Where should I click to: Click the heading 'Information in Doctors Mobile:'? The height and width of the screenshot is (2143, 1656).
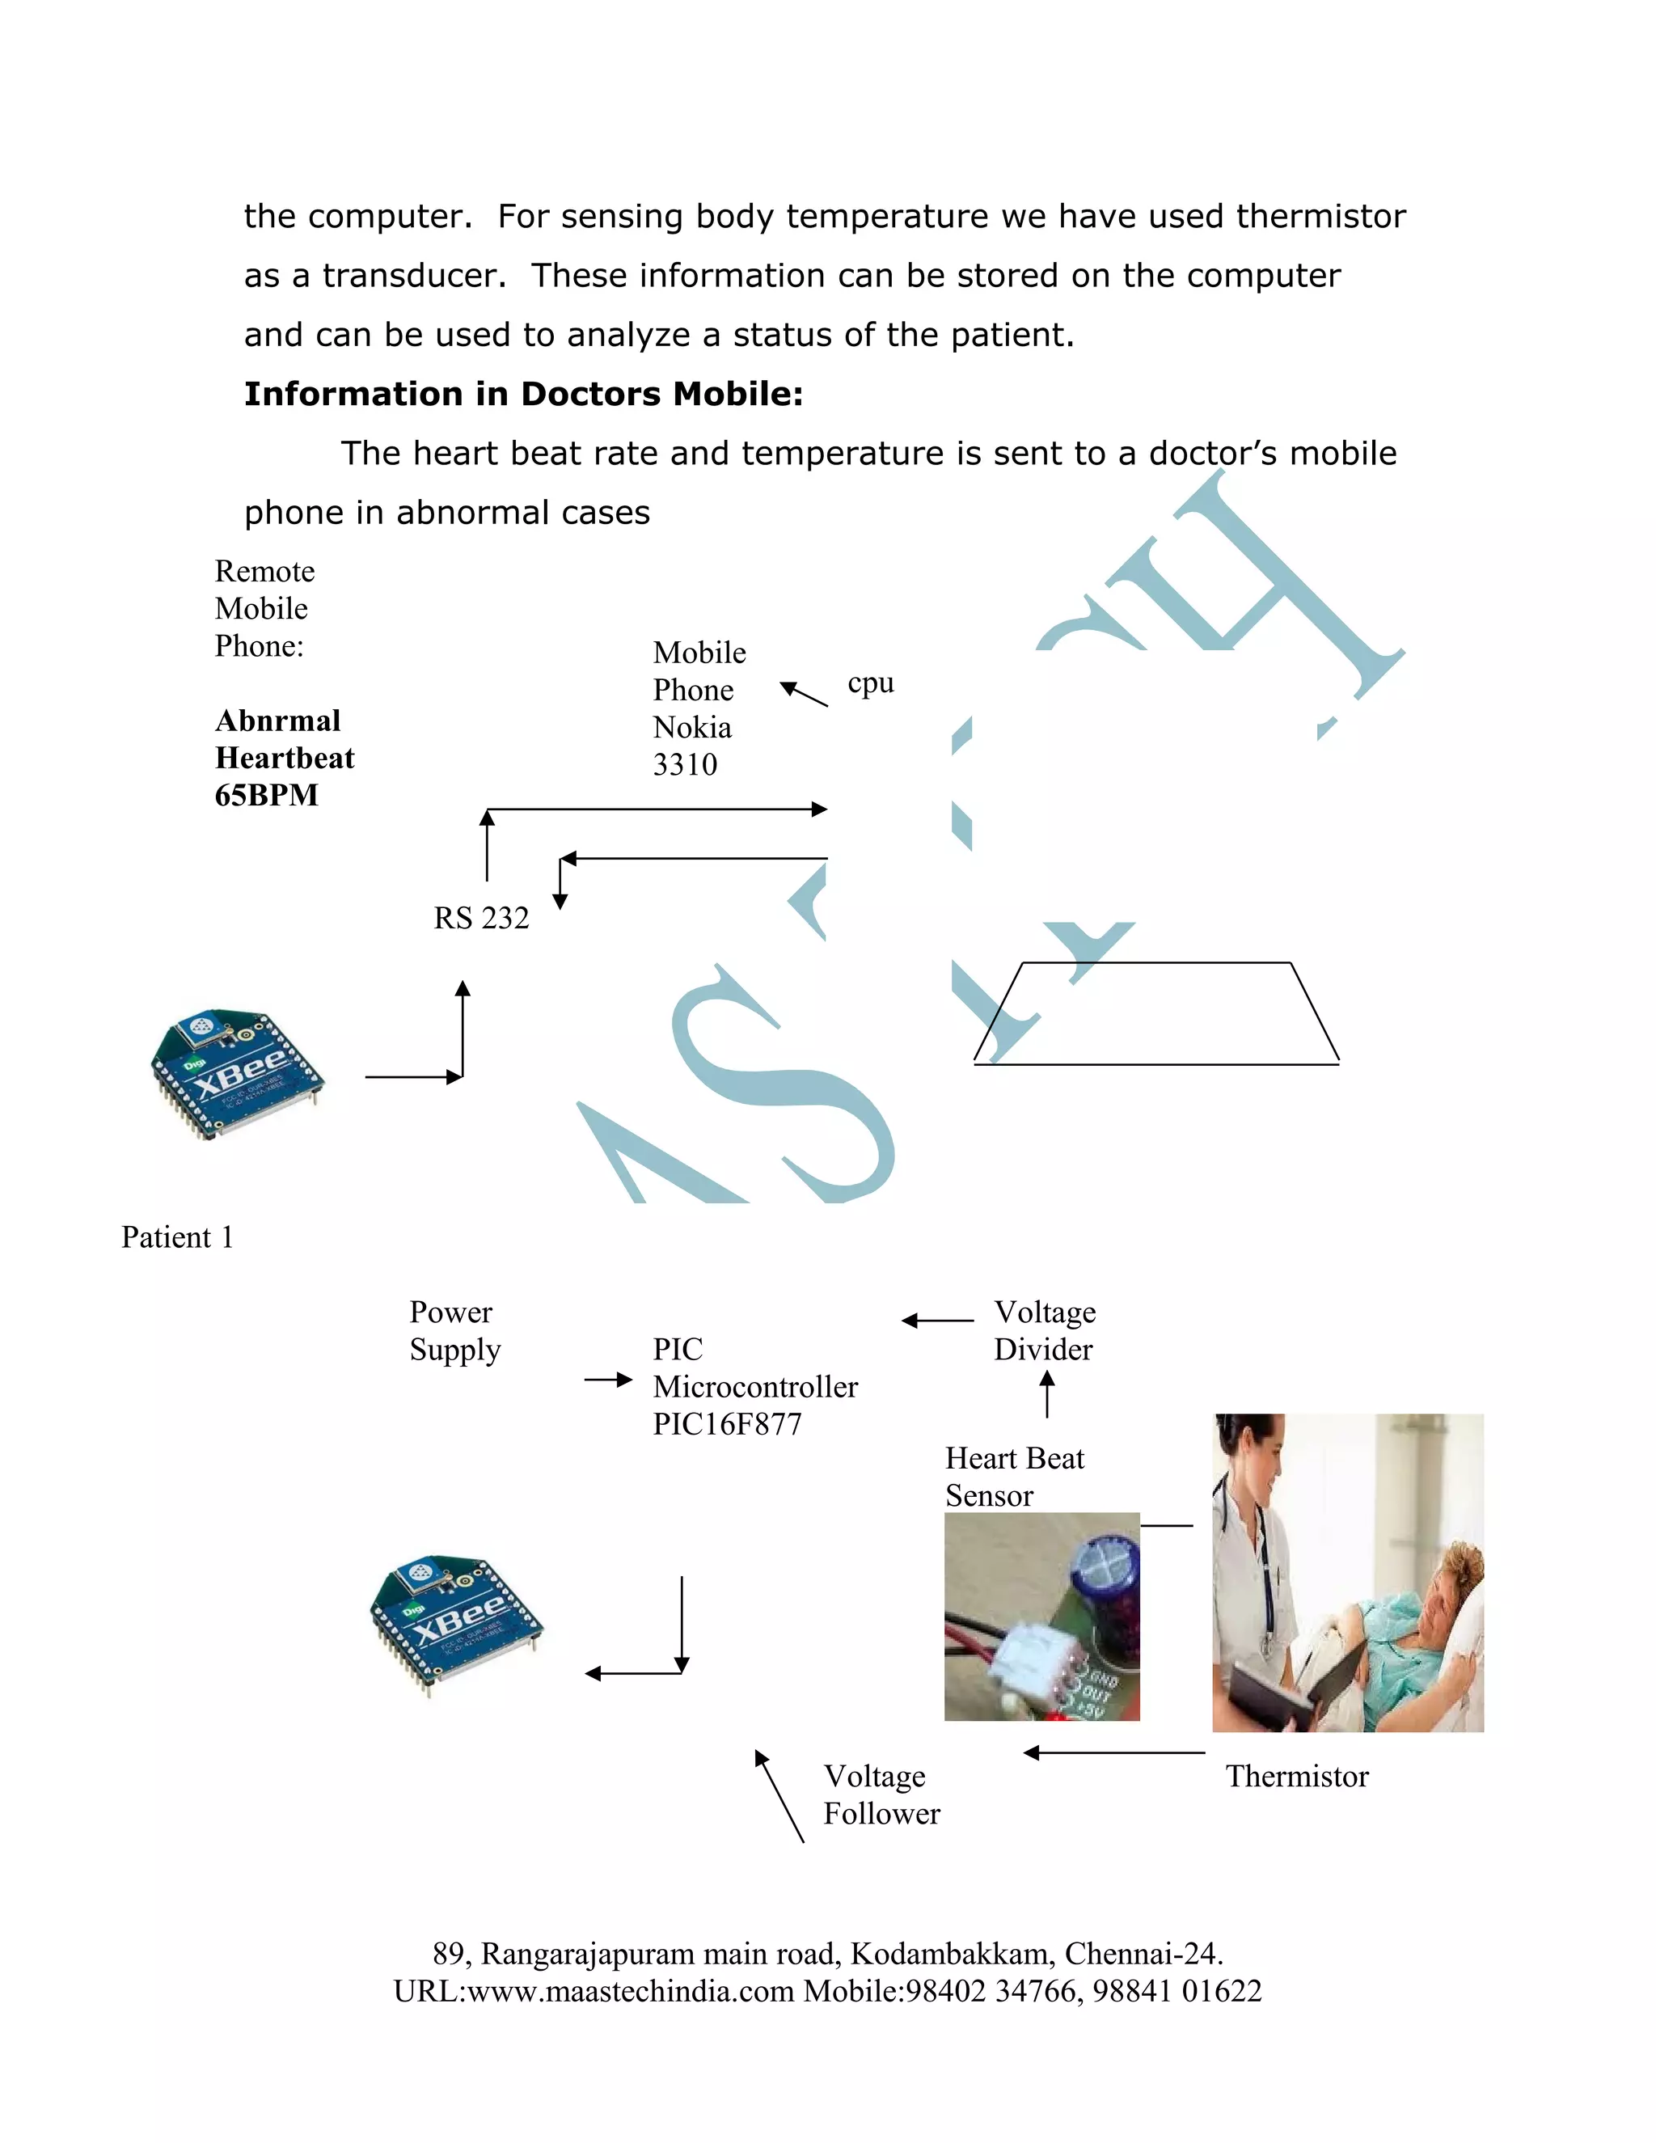(x=523, y=394)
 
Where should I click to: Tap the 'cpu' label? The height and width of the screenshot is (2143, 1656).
(x=870, y=683)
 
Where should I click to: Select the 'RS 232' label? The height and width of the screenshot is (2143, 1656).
(x=481, y=918)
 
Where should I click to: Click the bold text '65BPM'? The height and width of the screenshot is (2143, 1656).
(x=266, y=795)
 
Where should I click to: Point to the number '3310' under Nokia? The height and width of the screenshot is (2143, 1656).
(x=685, y=764)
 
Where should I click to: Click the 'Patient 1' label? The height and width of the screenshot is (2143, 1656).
(x=176, y=1237)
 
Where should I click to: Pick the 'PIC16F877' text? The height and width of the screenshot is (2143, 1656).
(x=727, y=1424)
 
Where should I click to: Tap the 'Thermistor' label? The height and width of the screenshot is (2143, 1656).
(x=1296, y=1776)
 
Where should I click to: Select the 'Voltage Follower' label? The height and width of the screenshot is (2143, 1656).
(x=881, y=1794)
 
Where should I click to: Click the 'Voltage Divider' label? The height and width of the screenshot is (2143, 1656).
(x=1044, y=1330)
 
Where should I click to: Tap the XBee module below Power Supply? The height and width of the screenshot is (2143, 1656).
(x=456, y=1625)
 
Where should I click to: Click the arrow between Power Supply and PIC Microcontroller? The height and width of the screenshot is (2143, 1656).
(x=608, y=1380)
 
